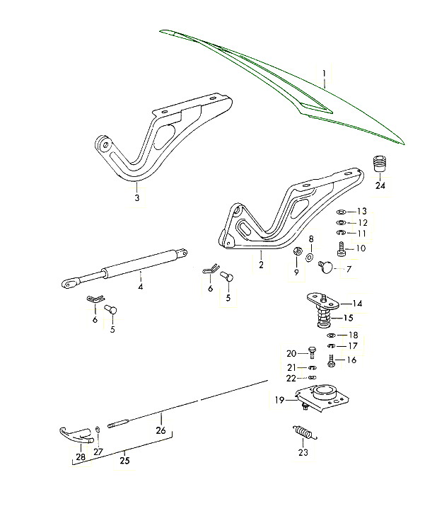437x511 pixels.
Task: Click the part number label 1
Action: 324,74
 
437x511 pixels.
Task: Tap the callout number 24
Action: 381,187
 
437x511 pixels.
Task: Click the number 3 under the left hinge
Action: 137,198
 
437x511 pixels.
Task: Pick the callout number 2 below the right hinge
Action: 261,265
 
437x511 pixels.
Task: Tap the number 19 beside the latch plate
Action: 280,401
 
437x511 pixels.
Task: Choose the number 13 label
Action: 362,212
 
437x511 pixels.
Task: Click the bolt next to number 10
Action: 342,248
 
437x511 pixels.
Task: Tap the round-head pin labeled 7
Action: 326,266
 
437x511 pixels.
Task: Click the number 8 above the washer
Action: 310,239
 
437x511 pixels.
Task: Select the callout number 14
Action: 358,304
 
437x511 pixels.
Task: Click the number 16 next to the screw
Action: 351,360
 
